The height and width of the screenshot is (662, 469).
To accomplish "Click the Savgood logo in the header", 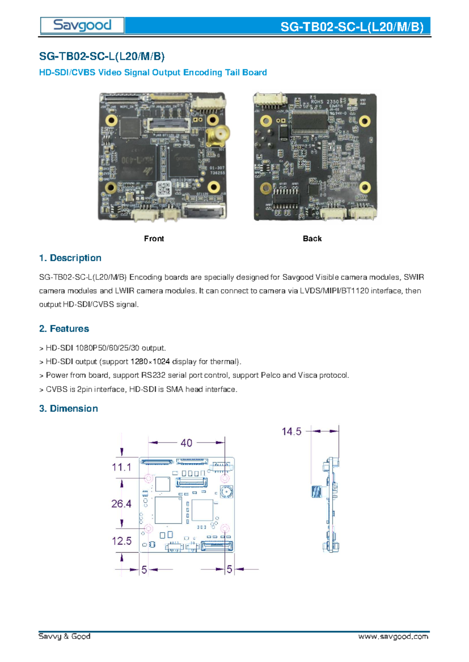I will (82, 25).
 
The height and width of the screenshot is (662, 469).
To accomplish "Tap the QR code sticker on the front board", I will (164, 189).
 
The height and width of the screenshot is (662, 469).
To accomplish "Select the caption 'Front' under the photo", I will (154, 238).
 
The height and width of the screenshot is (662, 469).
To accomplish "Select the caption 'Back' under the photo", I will (312, 238).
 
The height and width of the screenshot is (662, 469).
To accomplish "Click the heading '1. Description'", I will (70, 258).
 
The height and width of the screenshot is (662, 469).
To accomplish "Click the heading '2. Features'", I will (64, 329).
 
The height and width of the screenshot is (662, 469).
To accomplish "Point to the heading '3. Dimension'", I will (68, 408).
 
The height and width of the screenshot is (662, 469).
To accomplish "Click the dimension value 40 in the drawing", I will (186, 443).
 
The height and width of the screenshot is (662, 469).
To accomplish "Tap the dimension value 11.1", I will (122, 467).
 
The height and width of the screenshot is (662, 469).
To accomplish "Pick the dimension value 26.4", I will (121, 504).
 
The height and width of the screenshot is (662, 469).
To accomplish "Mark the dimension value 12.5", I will (122, 541).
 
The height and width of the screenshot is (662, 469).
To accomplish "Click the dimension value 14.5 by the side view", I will (292, 431).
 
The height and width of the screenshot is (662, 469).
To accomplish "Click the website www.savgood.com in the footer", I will (393, 637).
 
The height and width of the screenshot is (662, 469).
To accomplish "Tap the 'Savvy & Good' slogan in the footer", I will (64, 636).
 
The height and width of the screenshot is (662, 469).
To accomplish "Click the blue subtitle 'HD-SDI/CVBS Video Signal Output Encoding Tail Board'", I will (153, 72).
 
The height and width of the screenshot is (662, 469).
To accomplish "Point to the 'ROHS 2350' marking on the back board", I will (325, 101).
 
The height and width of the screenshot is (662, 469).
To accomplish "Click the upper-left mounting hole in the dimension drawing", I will (149, 478).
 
